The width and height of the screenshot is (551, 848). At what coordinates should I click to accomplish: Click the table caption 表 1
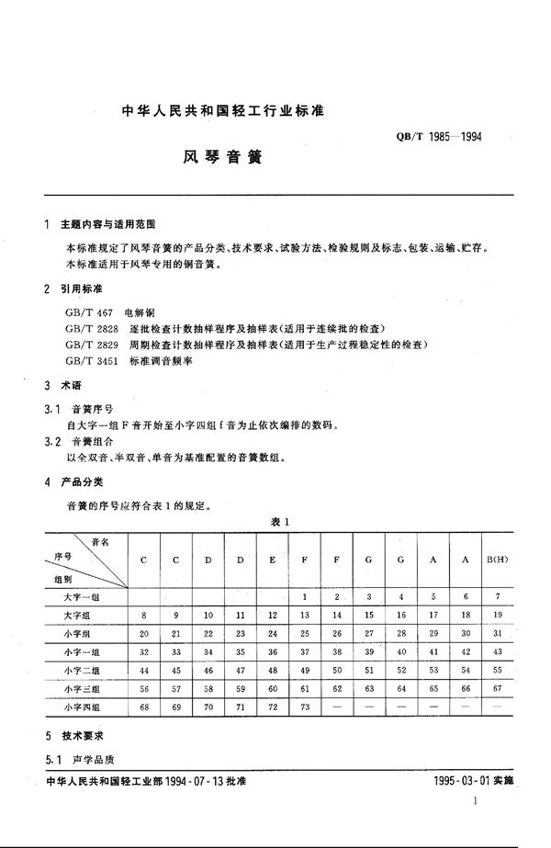click(x=281, y=522)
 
